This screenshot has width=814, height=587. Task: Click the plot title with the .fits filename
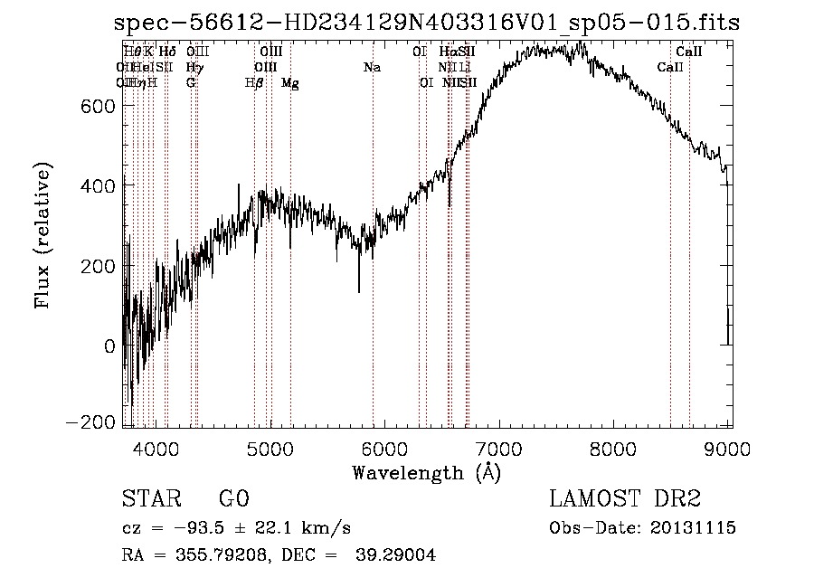pos(427,24)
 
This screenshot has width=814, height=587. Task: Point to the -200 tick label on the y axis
pos(90,422)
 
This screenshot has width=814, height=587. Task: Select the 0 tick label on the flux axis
pos(109,346)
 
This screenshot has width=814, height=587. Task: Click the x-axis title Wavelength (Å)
pos(426,472)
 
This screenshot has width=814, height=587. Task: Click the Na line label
pos(372,67)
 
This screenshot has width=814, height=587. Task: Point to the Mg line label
pos(290,82)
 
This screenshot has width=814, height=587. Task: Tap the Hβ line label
pos(254,82)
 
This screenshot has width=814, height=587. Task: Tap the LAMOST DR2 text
pos(625,499)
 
